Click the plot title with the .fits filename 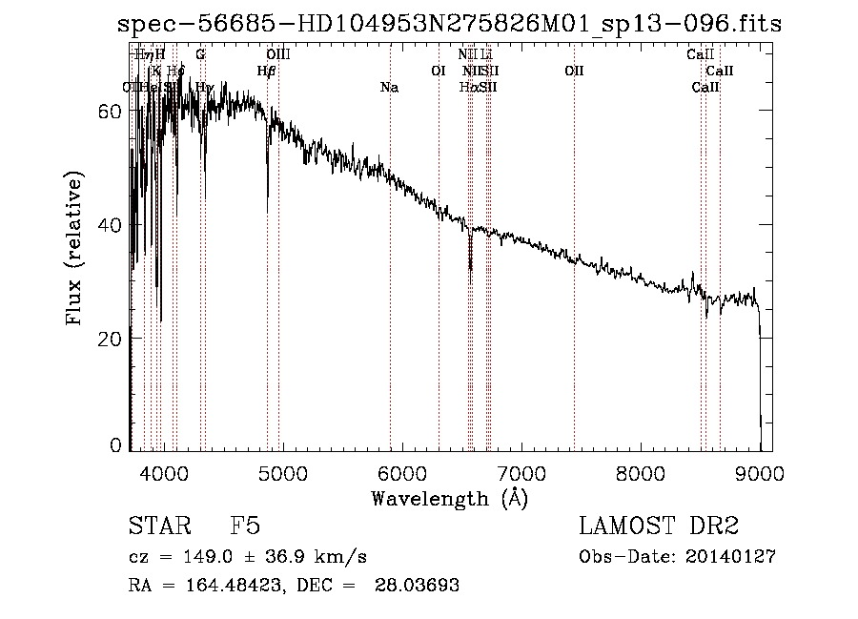(448, 24)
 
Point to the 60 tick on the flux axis (112, 111)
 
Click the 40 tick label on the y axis (112, 225)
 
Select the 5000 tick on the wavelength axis (282, 471)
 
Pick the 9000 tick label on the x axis (760, 471)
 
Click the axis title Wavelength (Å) (448, 498)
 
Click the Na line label (389, 88)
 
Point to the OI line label (439, 71)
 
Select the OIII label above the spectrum (278, 54)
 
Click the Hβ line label (267, 71)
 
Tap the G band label (200, 54)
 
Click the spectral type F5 (245, 527)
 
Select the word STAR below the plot (159, 527)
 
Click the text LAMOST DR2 (658, 527)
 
